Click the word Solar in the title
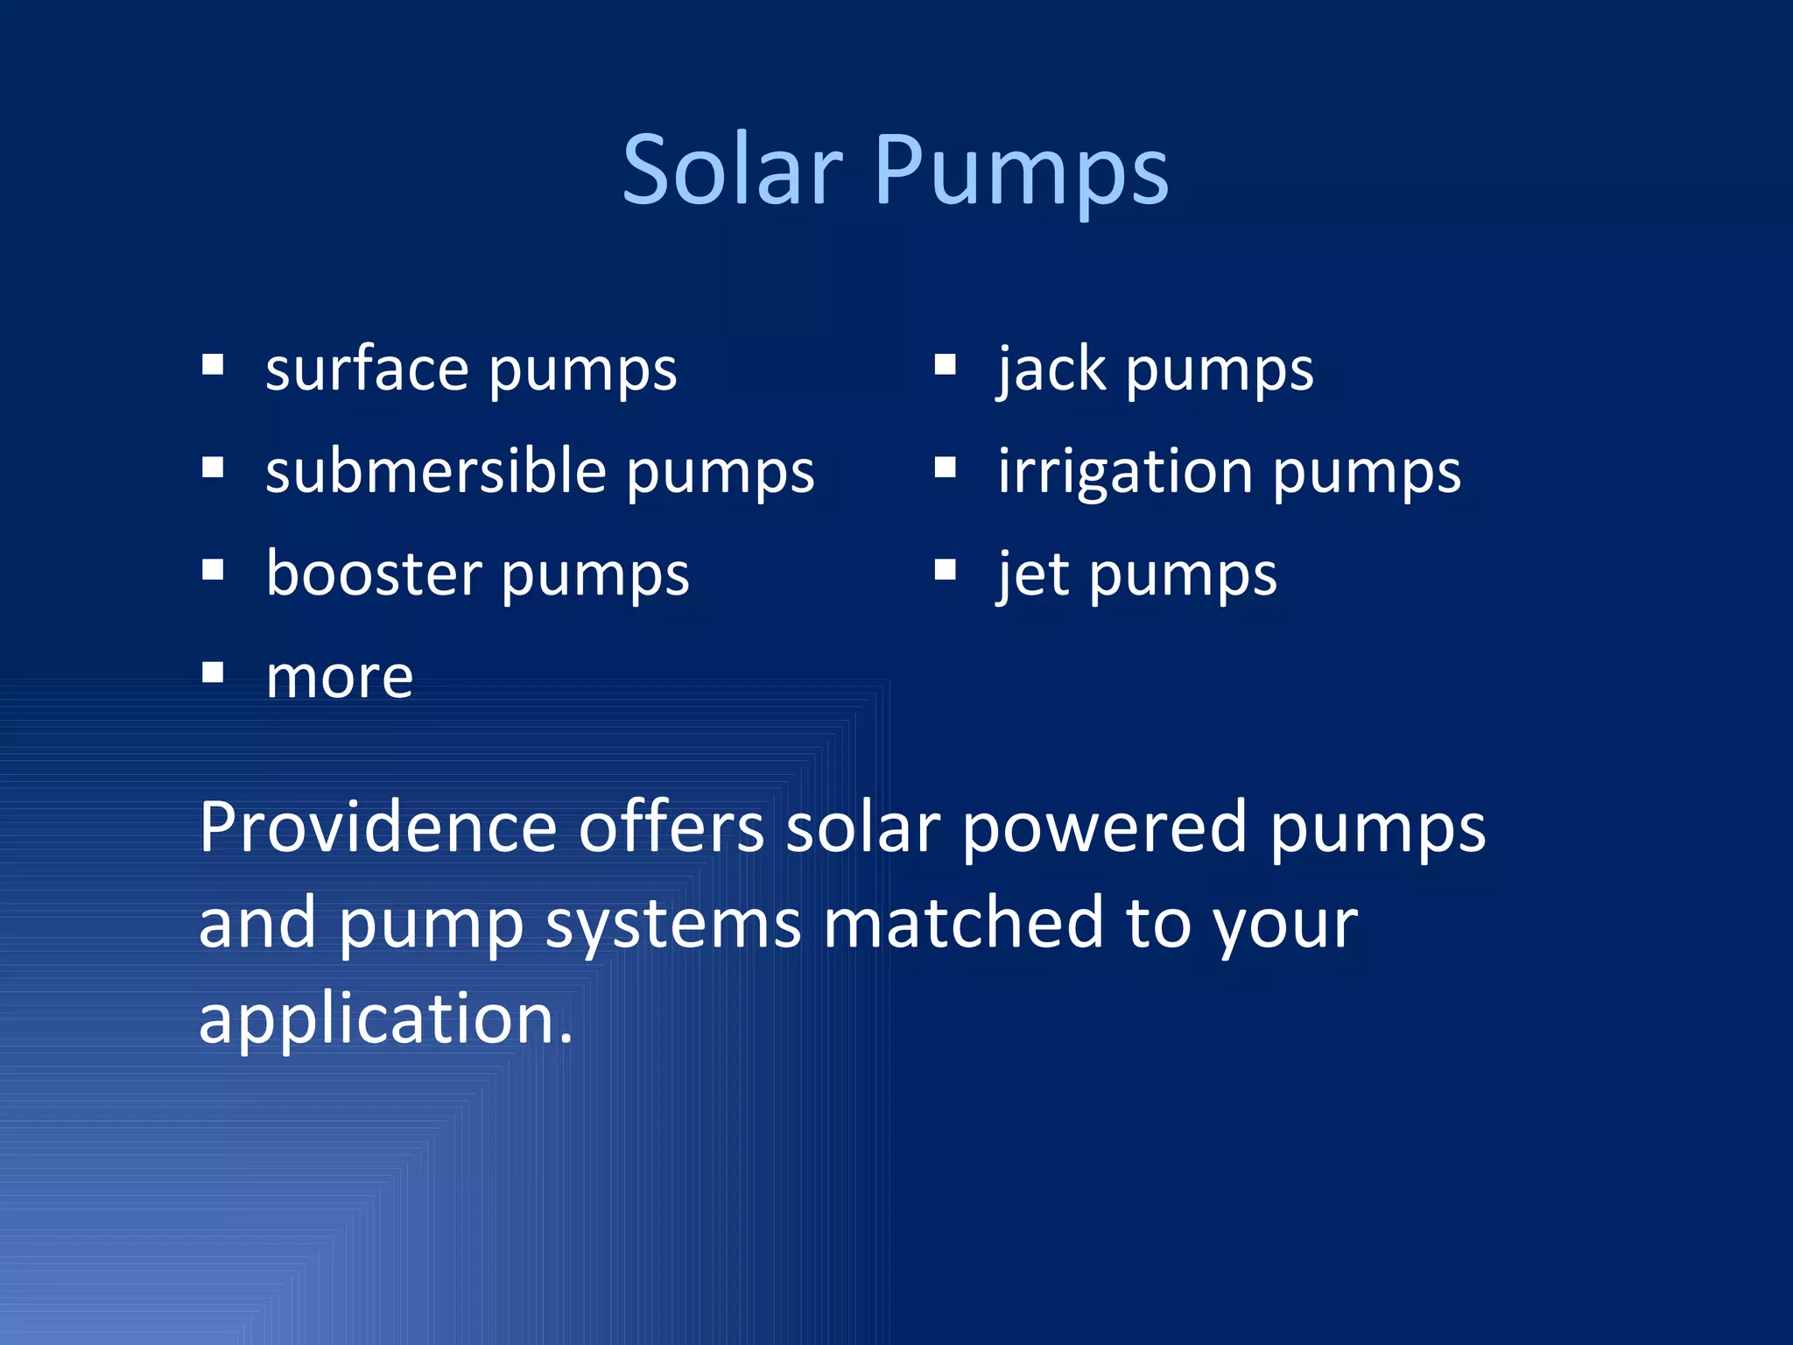click(x=732, y=170)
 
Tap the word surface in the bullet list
click(x=367, y=370)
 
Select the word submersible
click(x=436, y=471)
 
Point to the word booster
click(x=374, y=574)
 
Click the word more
click(x=340, y=678)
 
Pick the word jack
click(x=1051, y=370)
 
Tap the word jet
click(x=1033, y=575)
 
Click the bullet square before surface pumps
click(x=213, y=364)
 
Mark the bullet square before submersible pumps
click(x=213, y=468)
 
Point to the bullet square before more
click(x=213, y=672)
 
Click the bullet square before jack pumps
click(x=946, y=364)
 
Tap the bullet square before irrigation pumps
click(x=946, y=468)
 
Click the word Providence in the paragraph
click(x=378, y=827)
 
